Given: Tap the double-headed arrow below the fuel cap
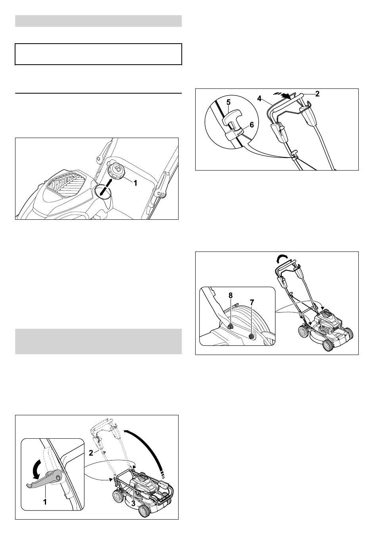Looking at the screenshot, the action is [106, 186].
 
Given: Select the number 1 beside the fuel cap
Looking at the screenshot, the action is [136, 183].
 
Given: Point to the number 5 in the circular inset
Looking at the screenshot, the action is [228, 102].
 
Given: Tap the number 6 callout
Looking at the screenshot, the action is [252, 125].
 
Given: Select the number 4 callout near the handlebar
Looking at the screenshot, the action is [260, 99].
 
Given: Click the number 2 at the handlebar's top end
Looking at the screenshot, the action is [317, 94].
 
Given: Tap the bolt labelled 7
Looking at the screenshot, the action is [251, 336].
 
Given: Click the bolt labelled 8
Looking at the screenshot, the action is [230, 326].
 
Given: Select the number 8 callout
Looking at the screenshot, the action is [231, 296].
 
